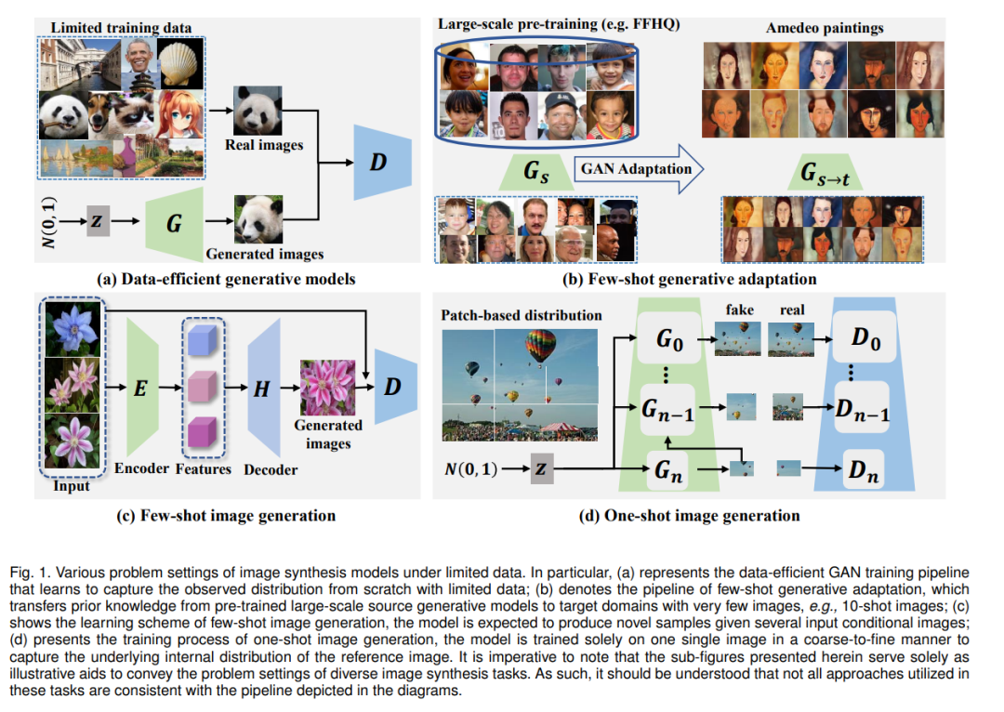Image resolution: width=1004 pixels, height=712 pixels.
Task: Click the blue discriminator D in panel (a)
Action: click(x=382, y=162)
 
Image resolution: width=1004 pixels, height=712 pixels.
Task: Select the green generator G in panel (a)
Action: click(x=174, y=221)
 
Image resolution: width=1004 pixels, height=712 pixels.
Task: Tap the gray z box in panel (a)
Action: click(x=98, y=221)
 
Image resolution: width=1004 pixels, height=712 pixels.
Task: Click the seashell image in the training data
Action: click(x=180, y=63)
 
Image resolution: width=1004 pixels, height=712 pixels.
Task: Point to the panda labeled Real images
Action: click(x=258, y=110)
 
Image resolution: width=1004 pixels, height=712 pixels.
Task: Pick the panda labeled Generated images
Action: click(x=258, y=219)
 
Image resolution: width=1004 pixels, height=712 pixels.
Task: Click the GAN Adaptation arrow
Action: click(x=639, y=168)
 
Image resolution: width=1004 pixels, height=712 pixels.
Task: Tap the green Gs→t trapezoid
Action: click(x=825, y=172)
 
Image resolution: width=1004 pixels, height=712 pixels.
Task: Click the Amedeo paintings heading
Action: click(x=825, y=28)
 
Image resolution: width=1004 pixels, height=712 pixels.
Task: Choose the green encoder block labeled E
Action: click(x=142, y=388)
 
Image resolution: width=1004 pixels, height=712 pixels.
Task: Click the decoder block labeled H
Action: click(x=264, y=388)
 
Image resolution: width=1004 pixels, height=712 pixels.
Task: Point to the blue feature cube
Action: click(x=204, y=340)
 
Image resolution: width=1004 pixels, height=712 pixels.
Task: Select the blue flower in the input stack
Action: click(x=73, y=329)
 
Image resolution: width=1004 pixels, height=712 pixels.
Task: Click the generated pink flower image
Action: click(x=328, y=388)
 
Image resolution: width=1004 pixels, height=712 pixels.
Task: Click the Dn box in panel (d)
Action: click(x=864, y=470)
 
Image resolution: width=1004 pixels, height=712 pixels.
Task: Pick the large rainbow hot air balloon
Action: click(x=540, y=347)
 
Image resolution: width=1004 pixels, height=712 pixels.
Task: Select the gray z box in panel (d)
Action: click(x=542, y=468)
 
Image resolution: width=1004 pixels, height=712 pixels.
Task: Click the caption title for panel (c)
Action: click(x=226, y=516)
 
